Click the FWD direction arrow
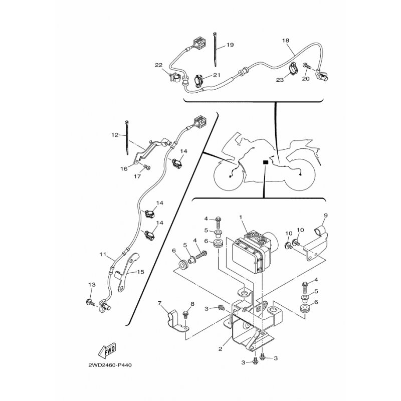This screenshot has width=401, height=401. [x=107, y=350]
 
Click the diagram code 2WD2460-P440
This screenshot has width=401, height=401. [x=110, y=365]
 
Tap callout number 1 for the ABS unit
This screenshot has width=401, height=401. [x=241, y=217]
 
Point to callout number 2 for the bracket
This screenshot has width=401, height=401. [x=221, y=348]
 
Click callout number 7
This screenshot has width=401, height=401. [x=160, y=303]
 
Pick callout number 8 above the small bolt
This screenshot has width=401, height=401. [x=192, y=304]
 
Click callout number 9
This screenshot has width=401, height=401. [x=325, y=216]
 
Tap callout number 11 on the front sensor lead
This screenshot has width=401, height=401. [x=103, y=254]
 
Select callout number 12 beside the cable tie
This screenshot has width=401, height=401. [x=115, y=135]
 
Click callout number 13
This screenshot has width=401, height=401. [x=92, y=285]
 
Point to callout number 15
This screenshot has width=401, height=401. [x=141, y=272]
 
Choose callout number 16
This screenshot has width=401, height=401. [x=124, y=169]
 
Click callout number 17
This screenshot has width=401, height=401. [x=137, y=176]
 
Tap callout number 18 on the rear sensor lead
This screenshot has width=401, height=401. [x=286, y=41]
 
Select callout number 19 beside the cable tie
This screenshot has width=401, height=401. [x=230, y=45]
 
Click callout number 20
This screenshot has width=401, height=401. [x=306, y=79]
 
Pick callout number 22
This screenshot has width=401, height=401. [x=159, y=65]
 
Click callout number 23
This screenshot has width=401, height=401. [x=280, y=80]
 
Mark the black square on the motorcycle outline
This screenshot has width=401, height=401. [x=266, y=162]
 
